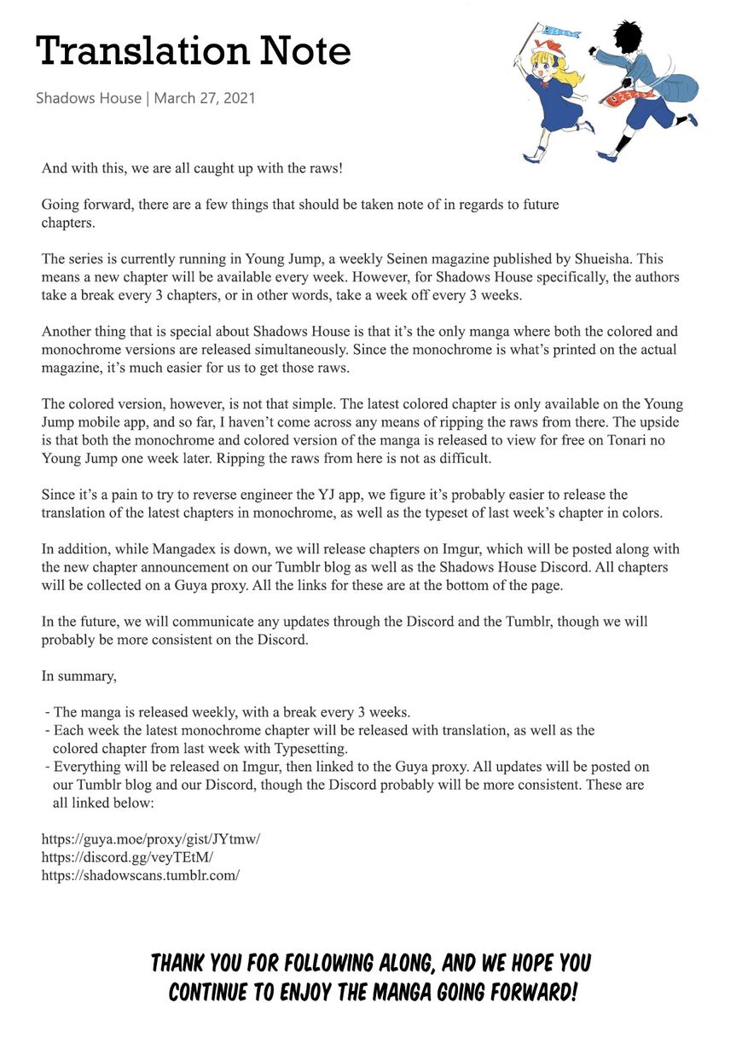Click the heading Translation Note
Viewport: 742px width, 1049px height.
pos(193,51)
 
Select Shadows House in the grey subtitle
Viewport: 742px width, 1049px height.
pos(89,98)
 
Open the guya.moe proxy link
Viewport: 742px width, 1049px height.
pos(150,838)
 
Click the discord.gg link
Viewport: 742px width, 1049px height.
pos(127,857)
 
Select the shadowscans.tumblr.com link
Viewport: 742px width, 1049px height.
pos(141,876)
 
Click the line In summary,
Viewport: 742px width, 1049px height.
pos(79,676)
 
